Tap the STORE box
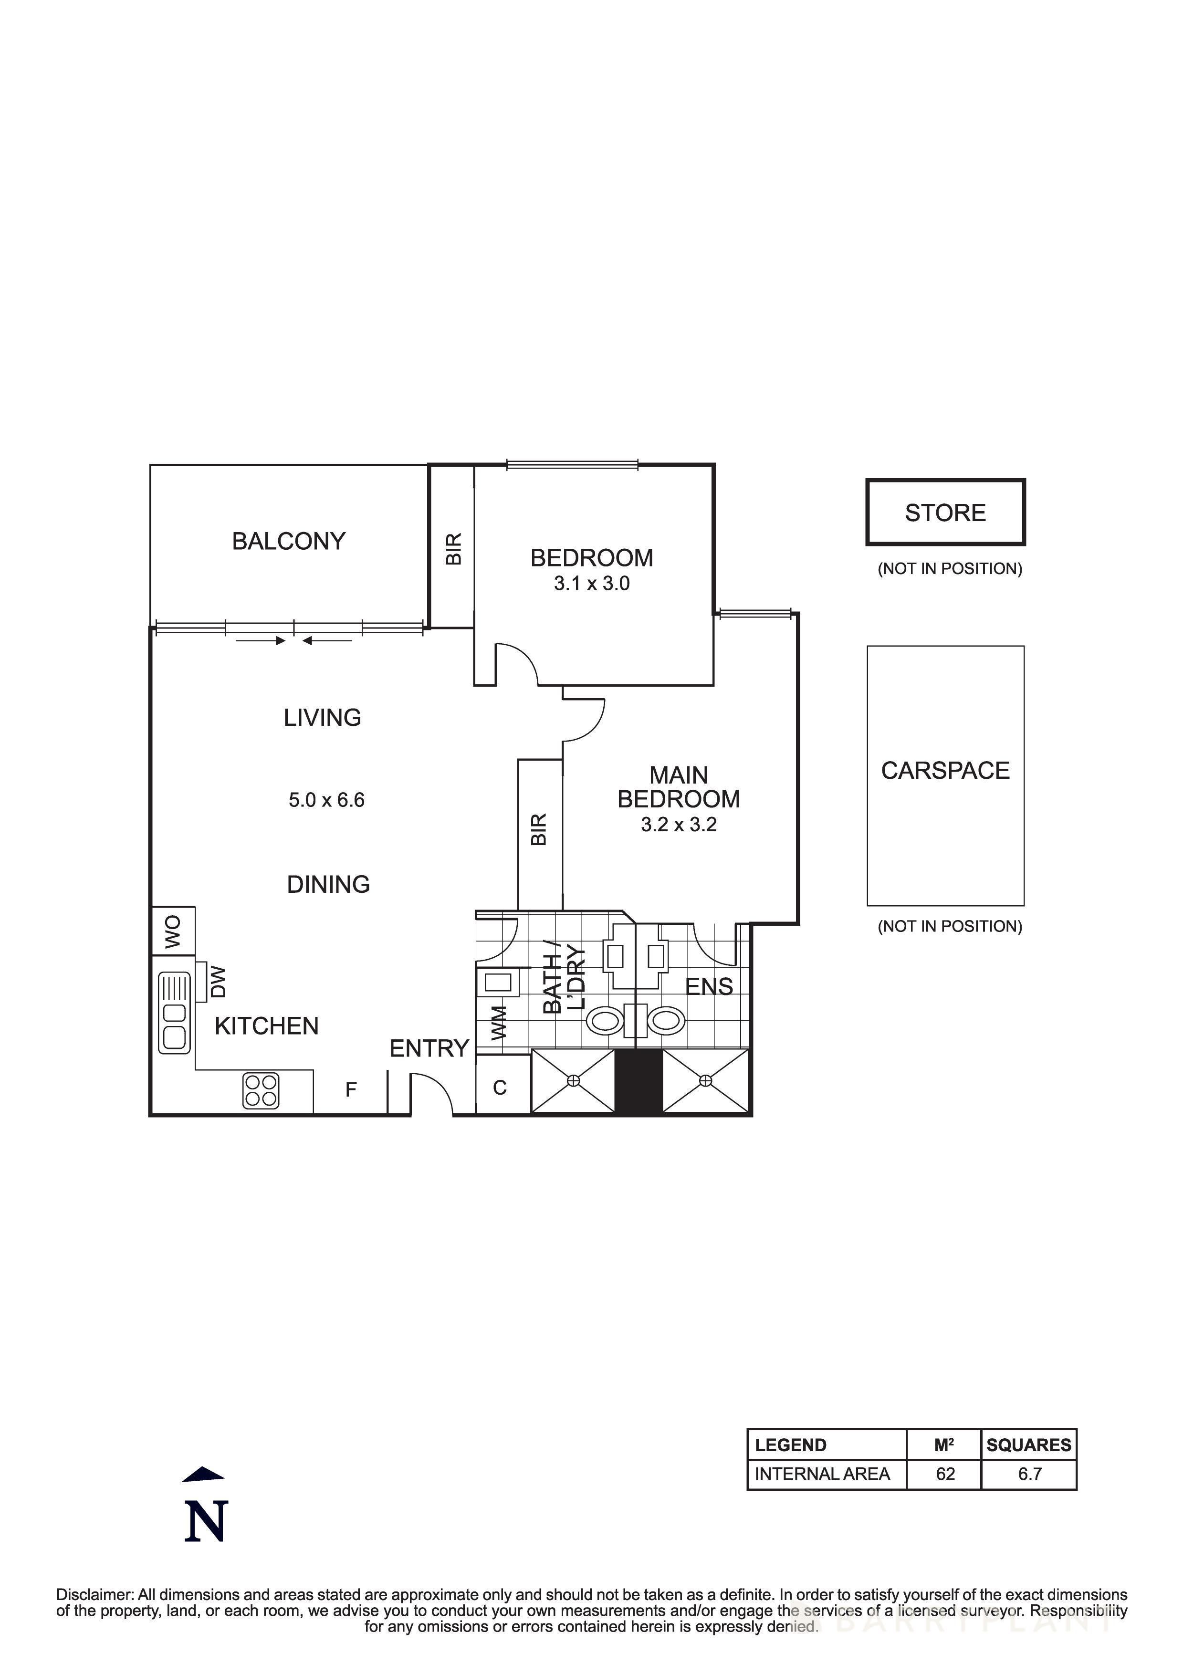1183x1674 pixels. [x=945, y=513]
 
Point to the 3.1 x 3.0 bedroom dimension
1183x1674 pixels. [x=591, y=583]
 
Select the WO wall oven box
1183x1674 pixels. [x=173, y=931]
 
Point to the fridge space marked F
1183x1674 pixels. [x=351, y=1089]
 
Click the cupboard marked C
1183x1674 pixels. [x=500, y=1088]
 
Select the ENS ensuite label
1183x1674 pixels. [x=709, y=986]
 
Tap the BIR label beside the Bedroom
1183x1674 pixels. [x=453, y=549]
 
